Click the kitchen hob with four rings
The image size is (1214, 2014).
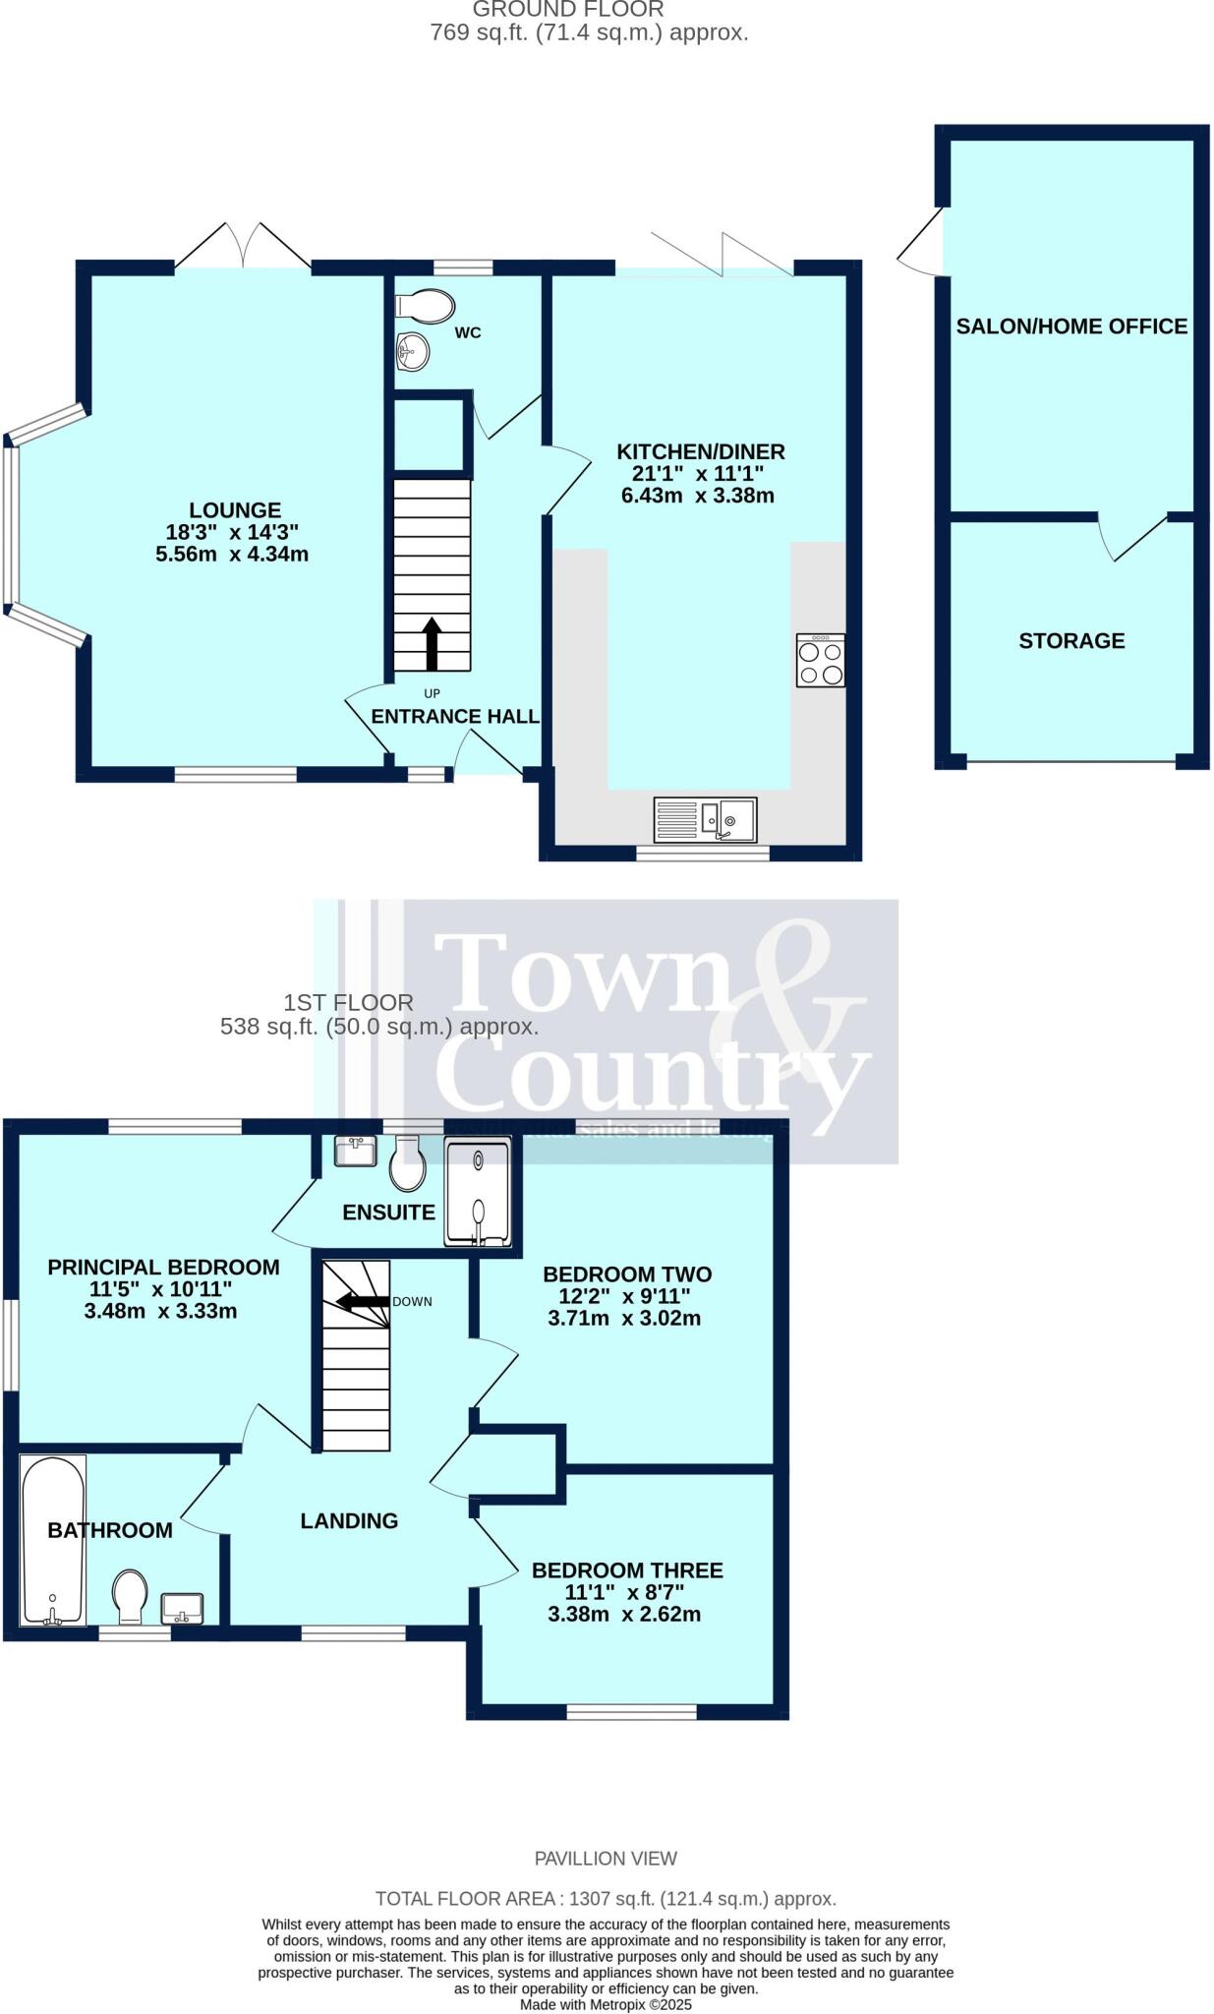pyautogui.click(x=820, y=660)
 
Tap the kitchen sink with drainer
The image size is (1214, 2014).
pyautogui.click(x=705, y=820)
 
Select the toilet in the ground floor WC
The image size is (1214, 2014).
pyautogui.click(x=424, y=305)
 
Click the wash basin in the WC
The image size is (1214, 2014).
pyautogui.click(x=413, y=351)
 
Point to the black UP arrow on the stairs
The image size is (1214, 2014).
pyautogui.click(x=432, y=643)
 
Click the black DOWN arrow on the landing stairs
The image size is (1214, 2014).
pyautogui.click(x=363, y=1301)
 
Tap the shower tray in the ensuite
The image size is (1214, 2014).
pyautogui.click(x=478, y=1192)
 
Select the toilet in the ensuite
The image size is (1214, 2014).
pyautogui.click(x=407, y=1166)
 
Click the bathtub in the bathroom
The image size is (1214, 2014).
pyautogui.click(x=53, y=1540)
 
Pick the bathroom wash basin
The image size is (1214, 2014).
pyautogui.click(x=182, y=1609)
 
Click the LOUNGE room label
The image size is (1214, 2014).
pyautogui.click(x=235, y=510)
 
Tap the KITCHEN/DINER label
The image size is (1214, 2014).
pyautogui.click(x=700, y=452)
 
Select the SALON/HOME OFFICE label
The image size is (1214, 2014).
pyautogui.click(x=1071, y=326)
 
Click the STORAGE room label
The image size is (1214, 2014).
pyautogui.click(x=1071, y=641)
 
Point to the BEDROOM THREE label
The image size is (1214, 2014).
pyautogui.click(x=627, y=1570)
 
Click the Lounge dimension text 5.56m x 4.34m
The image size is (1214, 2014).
pyautogui.click(x=232, y=555)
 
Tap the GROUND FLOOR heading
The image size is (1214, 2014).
pyautogui.click(x=568, y=10)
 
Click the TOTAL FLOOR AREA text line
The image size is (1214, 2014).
pyautogui.click(x=606, y=1899)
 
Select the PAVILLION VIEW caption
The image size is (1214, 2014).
pyautogui.click(x=606, y=1858)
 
